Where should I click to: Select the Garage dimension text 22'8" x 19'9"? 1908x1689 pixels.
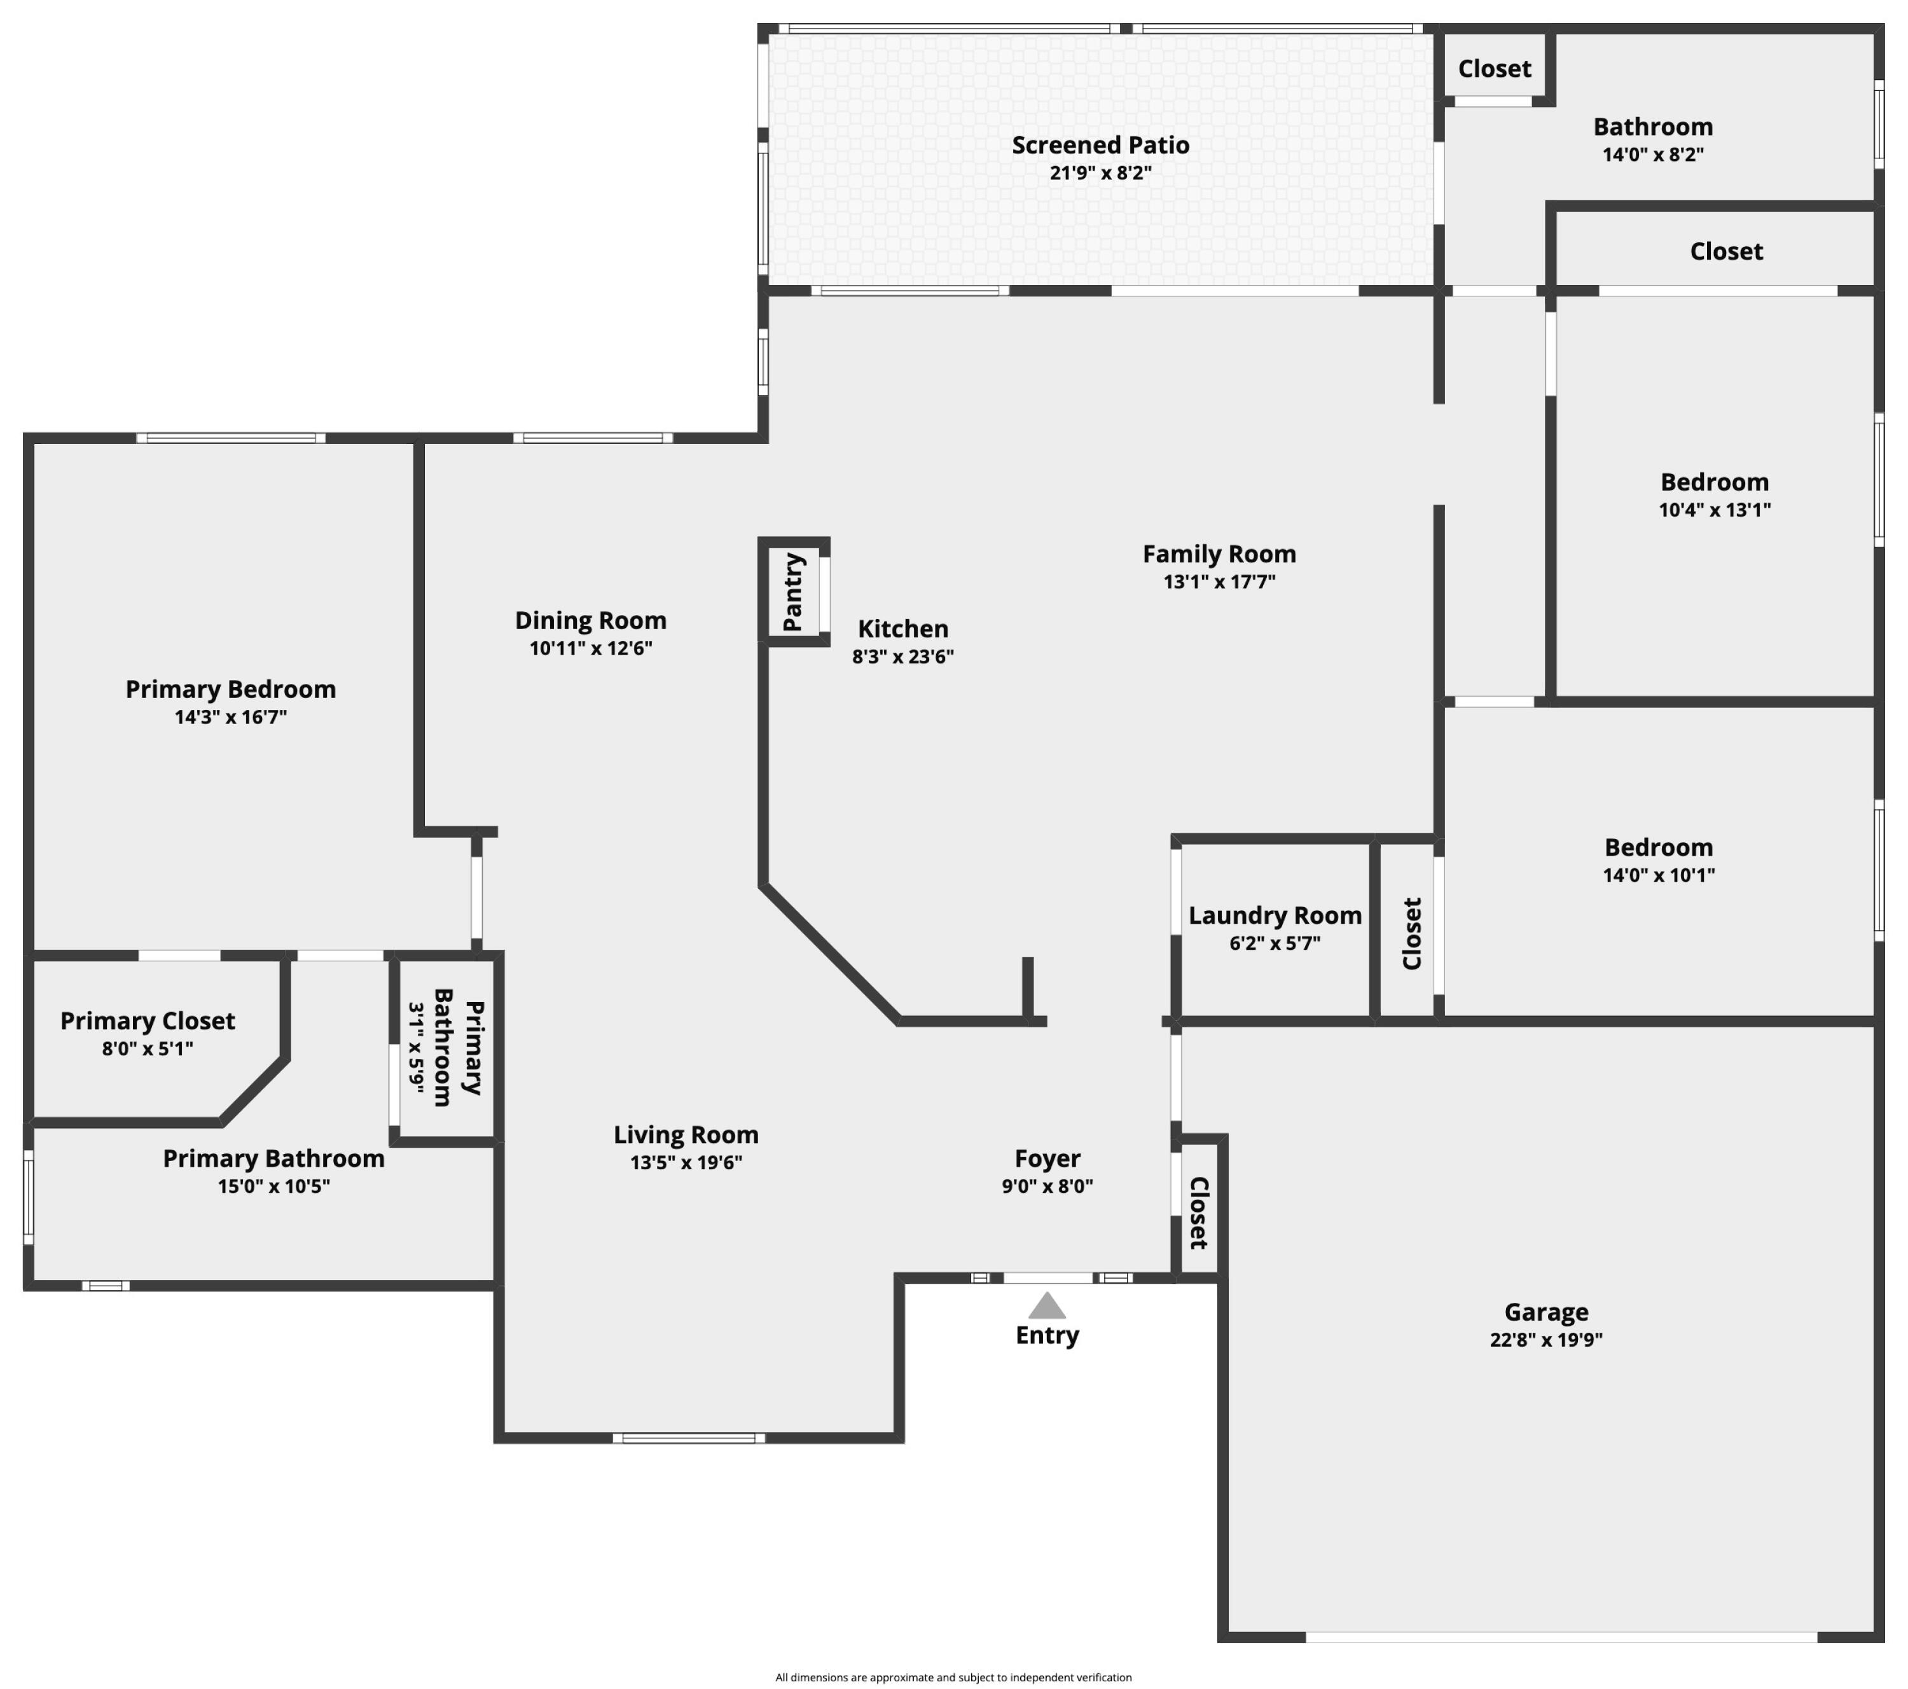pos(1546,1339)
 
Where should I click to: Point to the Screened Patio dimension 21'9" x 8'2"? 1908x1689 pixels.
pos(1100,173)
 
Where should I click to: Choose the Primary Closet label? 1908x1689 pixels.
pos(148,1020)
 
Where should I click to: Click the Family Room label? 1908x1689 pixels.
pos(1219,553)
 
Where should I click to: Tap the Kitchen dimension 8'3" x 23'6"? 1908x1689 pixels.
pos(902,657)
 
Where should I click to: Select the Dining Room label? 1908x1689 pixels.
pos(590,621)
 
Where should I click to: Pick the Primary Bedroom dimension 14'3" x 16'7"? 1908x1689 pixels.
pos(231,717)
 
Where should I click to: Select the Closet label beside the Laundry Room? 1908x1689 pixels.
pos(1411,934)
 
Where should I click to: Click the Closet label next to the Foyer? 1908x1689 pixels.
pos(1199,1212)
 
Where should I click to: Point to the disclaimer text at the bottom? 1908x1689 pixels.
pos(953,1677)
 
